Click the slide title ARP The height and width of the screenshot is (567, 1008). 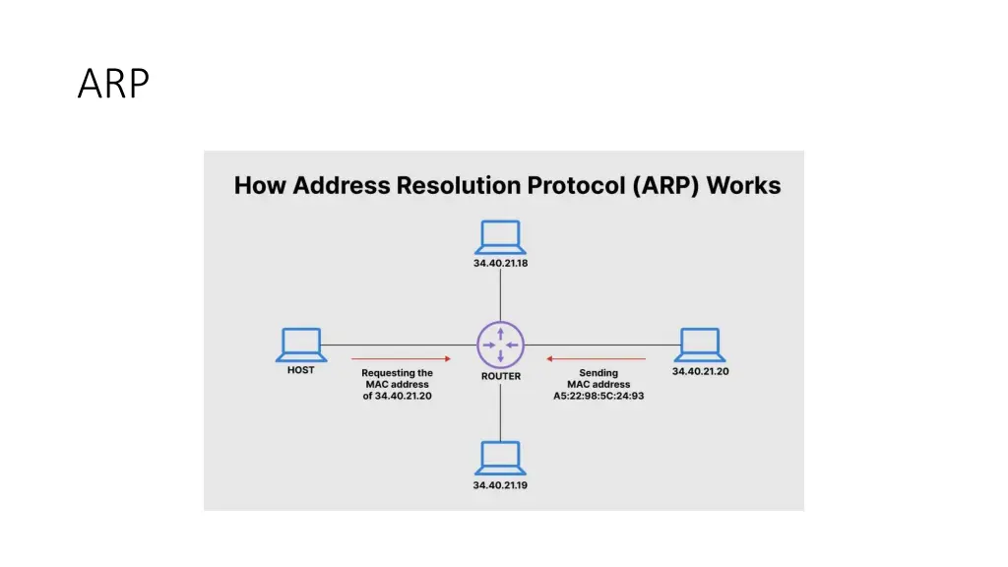(114, 84)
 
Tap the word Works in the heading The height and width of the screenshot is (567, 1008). (744, 185)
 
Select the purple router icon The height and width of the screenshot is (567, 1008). (501, 346)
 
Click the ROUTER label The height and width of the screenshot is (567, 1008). (501, 376)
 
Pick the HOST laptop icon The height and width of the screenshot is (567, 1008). (301, 346)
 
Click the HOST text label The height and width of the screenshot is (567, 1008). (301, 370)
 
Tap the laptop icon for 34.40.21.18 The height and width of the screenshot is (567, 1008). (501, 237)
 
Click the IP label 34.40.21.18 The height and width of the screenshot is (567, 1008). (501, 263)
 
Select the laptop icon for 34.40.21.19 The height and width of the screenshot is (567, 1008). (501, 459)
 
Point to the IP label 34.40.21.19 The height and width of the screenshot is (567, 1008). (500, 485)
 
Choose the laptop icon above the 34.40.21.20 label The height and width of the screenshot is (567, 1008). (700, 346)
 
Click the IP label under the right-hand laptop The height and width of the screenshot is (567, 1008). (701, 371)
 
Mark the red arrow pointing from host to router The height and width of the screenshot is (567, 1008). (402, 358)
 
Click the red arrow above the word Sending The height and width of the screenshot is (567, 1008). (596, 358)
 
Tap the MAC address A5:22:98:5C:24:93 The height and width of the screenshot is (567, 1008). (598, 396)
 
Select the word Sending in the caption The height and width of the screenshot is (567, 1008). (598, 373)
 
